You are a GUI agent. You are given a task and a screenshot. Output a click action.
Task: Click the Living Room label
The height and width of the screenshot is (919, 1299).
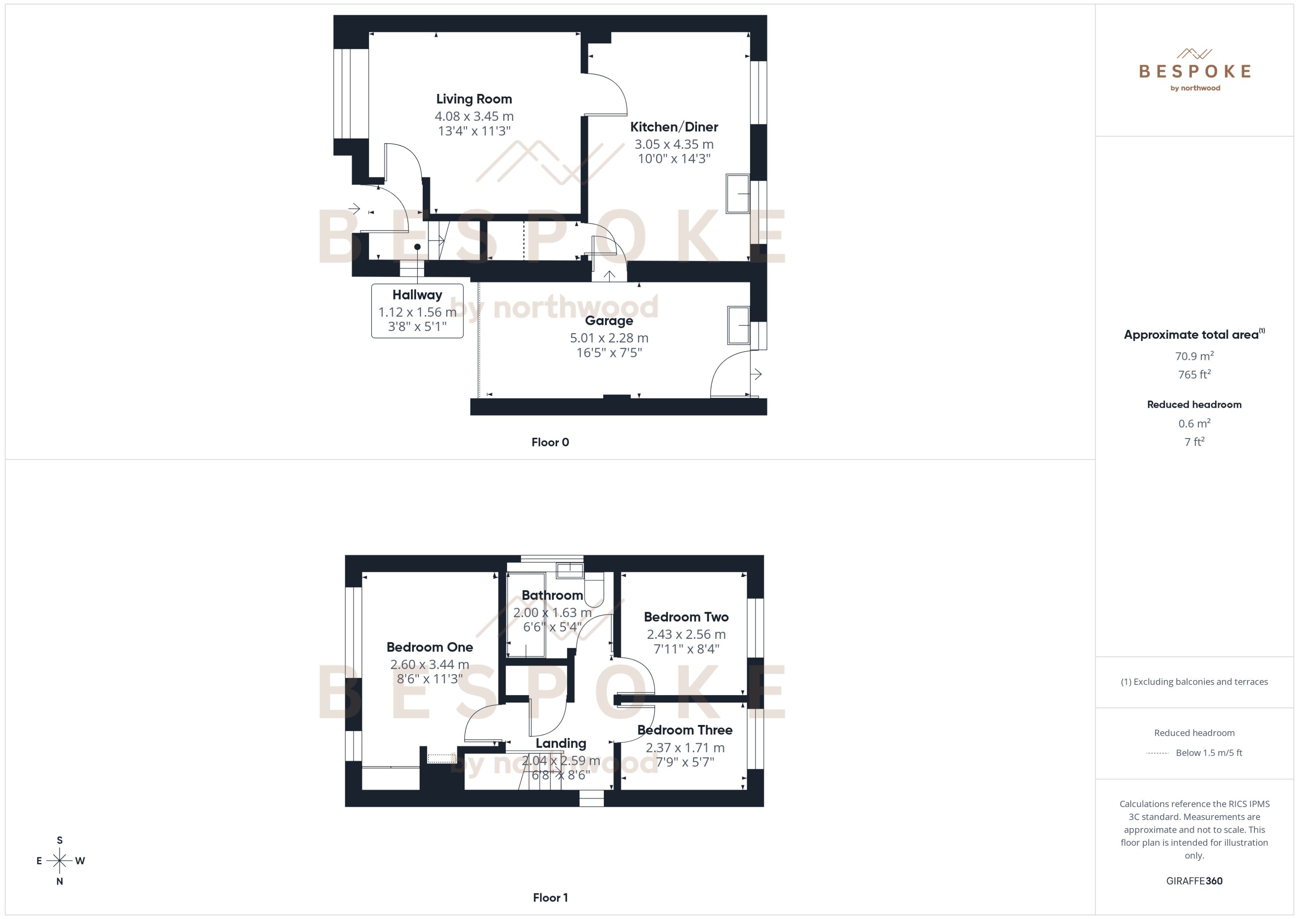474,99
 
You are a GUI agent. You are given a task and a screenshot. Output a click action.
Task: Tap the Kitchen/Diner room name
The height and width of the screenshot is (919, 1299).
674,127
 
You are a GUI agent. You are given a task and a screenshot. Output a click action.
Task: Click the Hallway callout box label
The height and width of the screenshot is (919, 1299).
417,295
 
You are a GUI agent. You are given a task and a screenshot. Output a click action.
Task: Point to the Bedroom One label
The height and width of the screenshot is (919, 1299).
430,647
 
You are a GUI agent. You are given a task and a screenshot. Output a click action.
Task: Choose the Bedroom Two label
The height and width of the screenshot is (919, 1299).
686,617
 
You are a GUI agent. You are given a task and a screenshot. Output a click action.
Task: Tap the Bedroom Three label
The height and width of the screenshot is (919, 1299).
685,730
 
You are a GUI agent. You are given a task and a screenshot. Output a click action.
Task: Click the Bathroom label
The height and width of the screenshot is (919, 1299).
552,595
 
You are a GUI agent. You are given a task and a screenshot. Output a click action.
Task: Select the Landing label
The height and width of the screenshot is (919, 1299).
561,743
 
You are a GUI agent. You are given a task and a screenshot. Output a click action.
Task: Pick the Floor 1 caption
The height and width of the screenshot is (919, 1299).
550,897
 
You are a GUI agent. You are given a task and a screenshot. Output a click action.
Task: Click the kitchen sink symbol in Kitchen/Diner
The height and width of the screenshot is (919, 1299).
737,194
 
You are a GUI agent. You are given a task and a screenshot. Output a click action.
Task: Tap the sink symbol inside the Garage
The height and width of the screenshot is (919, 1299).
739,325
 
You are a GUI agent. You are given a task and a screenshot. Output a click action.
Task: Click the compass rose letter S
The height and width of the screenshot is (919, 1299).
59,840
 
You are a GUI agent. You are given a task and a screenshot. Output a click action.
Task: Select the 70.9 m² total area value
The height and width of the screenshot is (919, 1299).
1194,356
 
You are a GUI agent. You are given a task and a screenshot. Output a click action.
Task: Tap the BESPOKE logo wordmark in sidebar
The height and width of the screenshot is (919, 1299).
1194,71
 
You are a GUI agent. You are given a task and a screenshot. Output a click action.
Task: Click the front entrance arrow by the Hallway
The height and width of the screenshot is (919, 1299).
355,209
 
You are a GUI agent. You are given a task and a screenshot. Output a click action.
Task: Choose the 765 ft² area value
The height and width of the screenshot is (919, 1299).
1194,375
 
